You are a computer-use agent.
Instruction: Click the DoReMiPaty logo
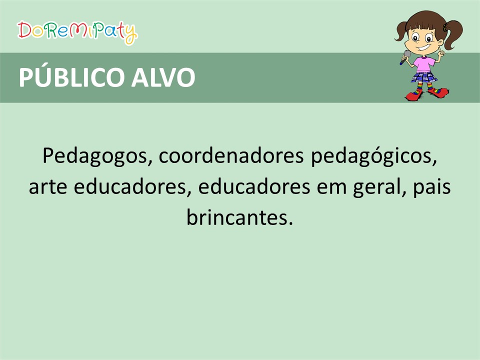point(77,32)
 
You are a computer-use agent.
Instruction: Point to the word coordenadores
point(231,155)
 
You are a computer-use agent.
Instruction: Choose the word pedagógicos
point(374,156)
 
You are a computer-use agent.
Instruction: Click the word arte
point(48,187)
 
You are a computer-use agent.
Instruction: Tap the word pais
point(432,187)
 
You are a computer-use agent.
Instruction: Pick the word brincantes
point(239,218)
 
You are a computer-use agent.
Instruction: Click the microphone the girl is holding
point(405,57)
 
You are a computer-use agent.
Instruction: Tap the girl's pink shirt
point(424,64)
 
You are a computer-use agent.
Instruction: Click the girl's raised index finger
point(438,50)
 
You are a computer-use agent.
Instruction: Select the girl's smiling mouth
point(423,48)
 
